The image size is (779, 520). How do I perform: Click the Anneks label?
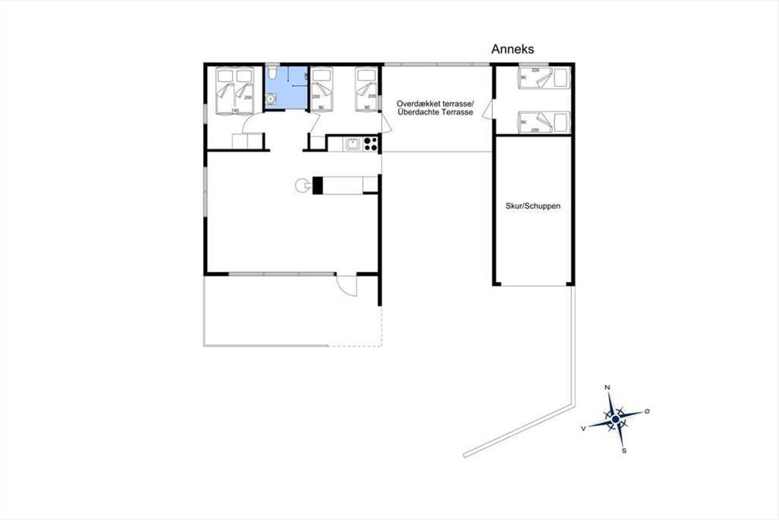click(512, 49)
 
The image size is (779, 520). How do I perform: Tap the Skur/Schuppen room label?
click(533, 206)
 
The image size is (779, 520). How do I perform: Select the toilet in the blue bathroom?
click(272, 72)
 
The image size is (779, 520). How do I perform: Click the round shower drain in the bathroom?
click(271, 99)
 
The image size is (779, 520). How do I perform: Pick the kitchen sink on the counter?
click(352, 144)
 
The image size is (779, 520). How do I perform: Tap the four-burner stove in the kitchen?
click(371, 144)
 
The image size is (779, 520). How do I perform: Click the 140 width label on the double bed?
click(235, 110)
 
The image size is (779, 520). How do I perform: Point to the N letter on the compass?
click(607, 387)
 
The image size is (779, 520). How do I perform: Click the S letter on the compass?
click(624, 451)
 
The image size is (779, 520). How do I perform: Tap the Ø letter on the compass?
click(647, 411)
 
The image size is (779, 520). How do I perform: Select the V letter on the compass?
click(583, 428)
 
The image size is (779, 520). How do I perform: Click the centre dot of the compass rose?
click(615, 419)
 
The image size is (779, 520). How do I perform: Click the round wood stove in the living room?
click(301, 185)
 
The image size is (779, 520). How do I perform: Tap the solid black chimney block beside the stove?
click(317, 185)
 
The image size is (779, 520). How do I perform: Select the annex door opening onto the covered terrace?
click(488, 110)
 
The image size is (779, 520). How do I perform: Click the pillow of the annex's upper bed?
click(562, 77)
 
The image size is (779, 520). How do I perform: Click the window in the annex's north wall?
click(534, 64)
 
